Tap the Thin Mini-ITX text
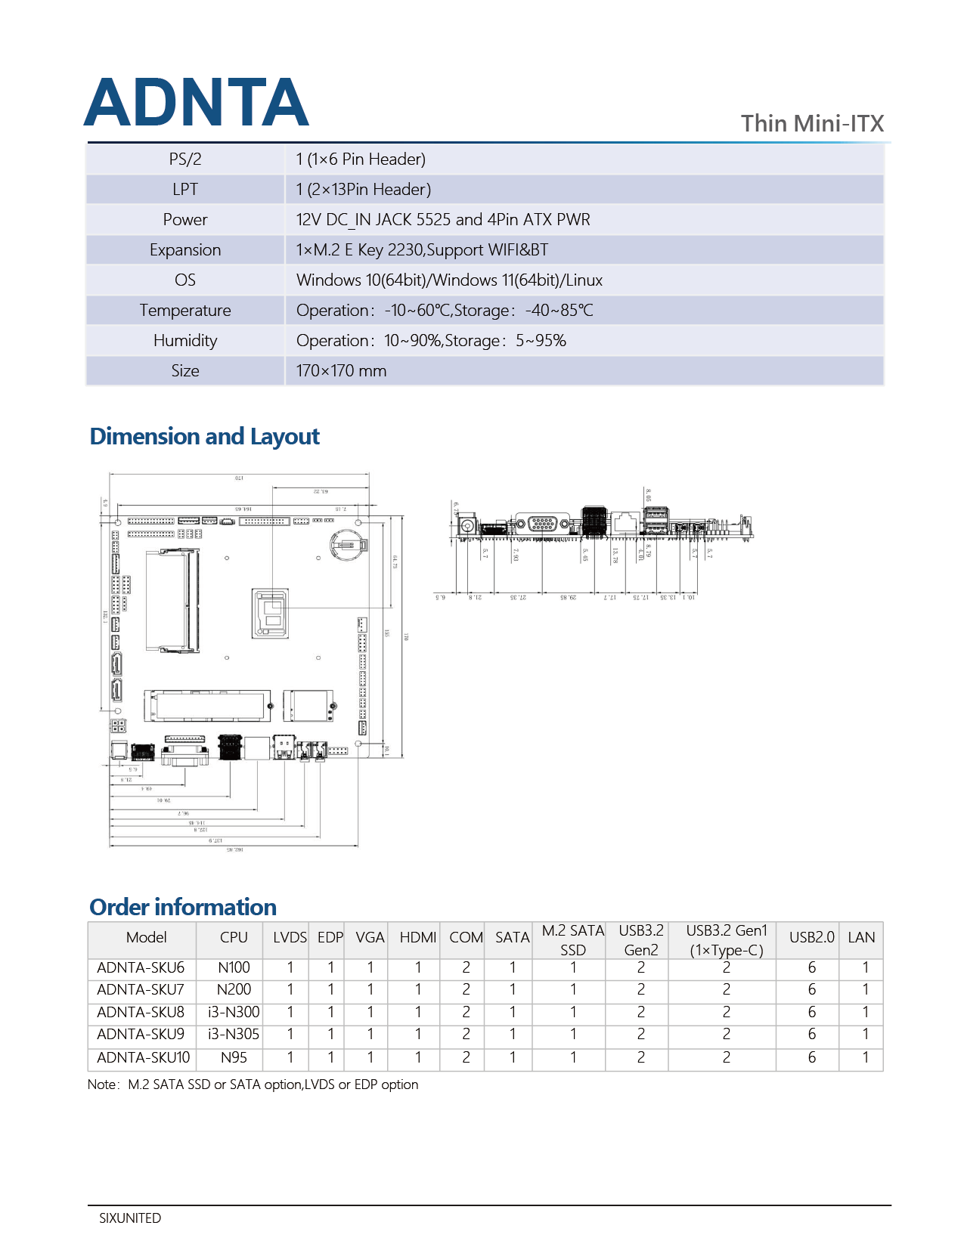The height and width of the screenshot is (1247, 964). coord(812,123)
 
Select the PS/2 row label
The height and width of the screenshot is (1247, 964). coord(185,159)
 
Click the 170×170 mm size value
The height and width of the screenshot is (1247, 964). coord(341,371)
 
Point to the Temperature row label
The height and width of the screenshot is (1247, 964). coord(185,311)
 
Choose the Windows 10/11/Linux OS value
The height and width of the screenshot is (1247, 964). coord(449,280)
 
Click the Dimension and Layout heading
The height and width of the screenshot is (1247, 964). coord(204,437)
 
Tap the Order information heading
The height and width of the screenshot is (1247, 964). coord(183,907)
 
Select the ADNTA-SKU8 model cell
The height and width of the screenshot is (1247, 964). coord(141,1012)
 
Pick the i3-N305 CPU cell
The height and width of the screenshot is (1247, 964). coord(234,1034)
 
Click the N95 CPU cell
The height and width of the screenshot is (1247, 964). coord(234,1057)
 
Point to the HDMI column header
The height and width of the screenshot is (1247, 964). coord(418,938)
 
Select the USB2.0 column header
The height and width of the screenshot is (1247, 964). coord(811,938)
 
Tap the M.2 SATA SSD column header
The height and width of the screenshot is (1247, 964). coord(572,940)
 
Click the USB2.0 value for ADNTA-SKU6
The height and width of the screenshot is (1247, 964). coord(811,968)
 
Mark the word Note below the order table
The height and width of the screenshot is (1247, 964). coord(101,1085)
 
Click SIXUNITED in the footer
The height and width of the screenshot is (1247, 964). coord(130,1218)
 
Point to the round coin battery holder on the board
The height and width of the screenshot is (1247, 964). coord(349,543)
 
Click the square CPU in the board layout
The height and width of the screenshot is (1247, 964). coord(271,613)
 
